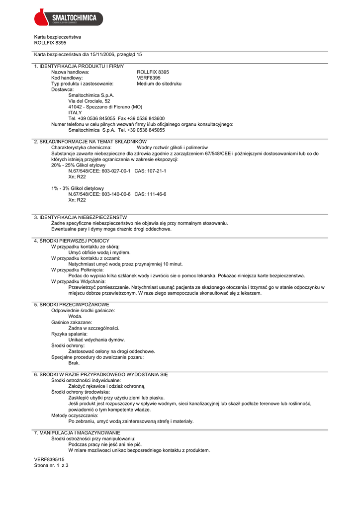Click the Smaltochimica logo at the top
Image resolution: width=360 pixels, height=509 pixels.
(x=68, y=18)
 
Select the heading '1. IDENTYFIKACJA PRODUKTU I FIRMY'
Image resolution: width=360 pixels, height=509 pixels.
(x=79, y=66)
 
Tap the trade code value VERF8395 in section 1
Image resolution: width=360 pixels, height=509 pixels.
(x=149, y=78)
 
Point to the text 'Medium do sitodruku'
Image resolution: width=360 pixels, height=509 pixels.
(x=159, y=84)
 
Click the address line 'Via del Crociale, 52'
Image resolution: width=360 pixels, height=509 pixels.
(x=90, y=101)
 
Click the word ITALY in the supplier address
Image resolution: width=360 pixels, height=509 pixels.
(x=75, y=112)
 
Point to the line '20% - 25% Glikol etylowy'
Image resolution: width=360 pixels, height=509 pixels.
(x=79, y=165)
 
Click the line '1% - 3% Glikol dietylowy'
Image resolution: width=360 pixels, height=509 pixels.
(x=78, y=188)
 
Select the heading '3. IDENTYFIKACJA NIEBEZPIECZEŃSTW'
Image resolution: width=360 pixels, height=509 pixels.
(x=80, y=217)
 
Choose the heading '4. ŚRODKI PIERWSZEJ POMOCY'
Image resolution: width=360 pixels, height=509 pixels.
(x=71, y=241)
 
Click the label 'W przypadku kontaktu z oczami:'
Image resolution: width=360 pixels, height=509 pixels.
(x=86, y=258)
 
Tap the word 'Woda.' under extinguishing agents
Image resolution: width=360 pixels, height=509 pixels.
(x=76, y=316)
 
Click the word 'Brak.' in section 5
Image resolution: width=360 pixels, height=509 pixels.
(x=74, y=363)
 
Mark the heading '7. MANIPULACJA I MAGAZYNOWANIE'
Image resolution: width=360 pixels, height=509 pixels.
(x=77, y=433)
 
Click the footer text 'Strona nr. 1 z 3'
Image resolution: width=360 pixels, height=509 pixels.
(x=51, y=466)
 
